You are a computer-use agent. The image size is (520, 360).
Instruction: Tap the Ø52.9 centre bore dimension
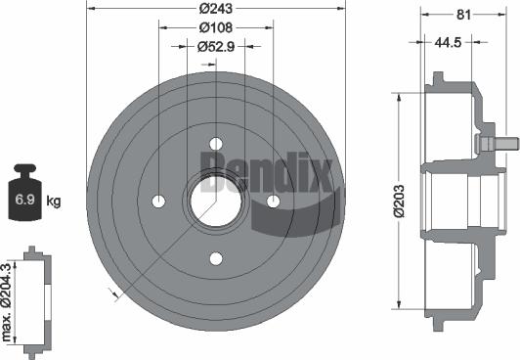point(213,46)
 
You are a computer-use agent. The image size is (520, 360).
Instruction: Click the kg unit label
point(54,202)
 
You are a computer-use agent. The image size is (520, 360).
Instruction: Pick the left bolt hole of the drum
point(159,201)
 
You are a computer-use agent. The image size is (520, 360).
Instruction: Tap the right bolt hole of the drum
point(273,201)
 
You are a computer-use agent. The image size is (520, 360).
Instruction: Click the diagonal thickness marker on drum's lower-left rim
point(116,293)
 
